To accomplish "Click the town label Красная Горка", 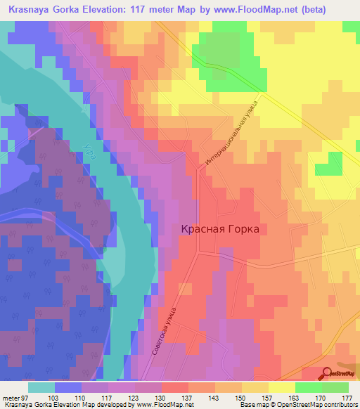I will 220,229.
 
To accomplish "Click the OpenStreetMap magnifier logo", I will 327,374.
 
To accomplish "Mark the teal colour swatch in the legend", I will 41,387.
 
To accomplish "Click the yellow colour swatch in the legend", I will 282,387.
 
